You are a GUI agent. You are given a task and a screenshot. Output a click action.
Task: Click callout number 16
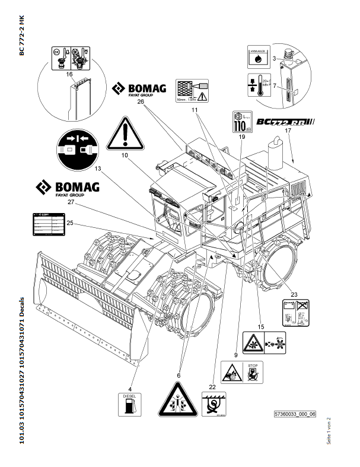(x=69, y=74)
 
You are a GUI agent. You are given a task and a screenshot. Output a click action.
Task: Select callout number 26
(x=141, y=101)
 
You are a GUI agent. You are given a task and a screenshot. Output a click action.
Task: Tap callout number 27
(x=71, y=202)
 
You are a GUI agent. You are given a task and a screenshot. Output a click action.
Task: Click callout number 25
(x=69, y=223)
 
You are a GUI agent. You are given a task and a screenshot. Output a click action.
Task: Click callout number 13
(x=97, y=168)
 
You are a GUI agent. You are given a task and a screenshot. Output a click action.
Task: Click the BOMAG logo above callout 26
(x=140, y=90)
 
